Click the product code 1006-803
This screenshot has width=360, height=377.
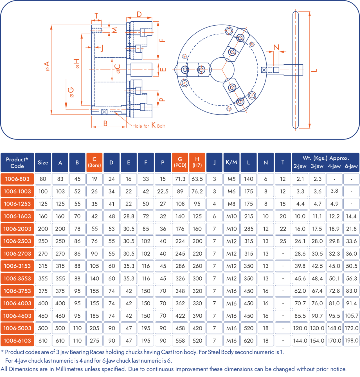17,179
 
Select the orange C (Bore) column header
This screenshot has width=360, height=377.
94,162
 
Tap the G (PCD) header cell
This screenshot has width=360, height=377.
180,162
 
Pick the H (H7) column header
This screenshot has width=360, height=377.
197,162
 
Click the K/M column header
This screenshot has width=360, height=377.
231,162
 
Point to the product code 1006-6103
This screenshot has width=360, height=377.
17,341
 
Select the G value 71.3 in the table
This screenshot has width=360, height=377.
180,179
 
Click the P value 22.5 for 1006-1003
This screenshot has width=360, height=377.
163,191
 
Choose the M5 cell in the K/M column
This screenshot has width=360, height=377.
231,179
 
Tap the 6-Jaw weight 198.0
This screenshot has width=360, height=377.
351,341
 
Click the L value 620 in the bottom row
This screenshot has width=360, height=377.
249,341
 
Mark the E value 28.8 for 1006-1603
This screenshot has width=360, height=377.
129,216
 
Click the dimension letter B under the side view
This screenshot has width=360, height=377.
105,123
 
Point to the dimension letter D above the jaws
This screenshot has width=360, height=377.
139,14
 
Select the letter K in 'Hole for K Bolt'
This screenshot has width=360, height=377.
153,125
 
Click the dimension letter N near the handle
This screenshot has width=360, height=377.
276,47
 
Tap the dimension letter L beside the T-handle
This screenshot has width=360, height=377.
314,71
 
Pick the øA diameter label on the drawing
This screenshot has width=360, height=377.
47,66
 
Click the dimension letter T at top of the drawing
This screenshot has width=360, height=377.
96,16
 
